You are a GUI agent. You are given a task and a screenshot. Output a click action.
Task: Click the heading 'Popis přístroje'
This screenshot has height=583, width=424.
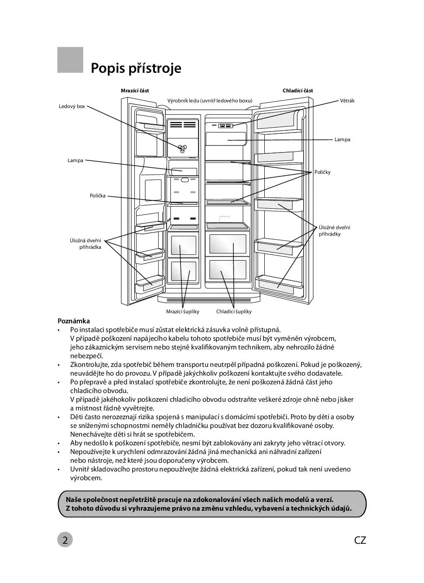pos(136,68)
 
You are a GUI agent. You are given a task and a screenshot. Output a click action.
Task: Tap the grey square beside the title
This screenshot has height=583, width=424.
pos(70,60)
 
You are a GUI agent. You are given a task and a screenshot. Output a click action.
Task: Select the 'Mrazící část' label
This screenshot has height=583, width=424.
pos(135,91)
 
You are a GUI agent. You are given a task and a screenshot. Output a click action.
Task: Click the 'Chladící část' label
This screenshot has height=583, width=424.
pos(297,91)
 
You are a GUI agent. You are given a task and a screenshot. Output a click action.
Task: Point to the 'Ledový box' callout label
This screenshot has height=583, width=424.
pos(72,106)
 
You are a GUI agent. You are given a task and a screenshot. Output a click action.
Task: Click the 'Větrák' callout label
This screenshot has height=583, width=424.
pos(347,101)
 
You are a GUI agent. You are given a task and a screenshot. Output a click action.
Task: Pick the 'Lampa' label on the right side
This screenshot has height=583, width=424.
pos(342,139)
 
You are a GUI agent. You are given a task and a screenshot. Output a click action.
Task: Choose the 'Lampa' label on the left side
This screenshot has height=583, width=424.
pos(75,160)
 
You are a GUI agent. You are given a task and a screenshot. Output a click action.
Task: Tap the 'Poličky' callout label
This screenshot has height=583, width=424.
pos(322,172)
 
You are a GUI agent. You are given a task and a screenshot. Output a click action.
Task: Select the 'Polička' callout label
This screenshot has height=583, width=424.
pos(98,196)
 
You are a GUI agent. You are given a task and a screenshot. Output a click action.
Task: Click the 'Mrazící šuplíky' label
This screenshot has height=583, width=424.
pos(182,312)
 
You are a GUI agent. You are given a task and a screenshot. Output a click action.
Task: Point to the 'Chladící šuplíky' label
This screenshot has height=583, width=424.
pos(234,312)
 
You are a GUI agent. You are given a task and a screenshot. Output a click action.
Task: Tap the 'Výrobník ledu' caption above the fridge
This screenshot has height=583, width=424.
pos(210,101)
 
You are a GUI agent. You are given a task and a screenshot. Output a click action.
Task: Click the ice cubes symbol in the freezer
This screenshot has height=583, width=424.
pos(183,148)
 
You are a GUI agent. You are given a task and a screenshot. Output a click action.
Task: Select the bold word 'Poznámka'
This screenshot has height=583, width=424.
pos(74,321)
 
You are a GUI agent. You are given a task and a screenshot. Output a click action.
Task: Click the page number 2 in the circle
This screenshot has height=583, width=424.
pos(65,540)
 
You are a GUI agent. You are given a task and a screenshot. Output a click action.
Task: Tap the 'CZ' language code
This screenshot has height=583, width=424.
pos(360,540)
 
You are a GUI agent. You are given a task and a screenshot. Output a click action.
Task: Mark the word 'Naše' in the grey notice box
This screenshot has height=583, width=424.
pos(74,500)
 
